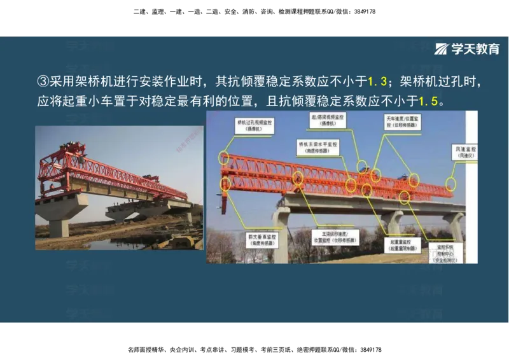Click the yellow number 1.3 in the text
(378, 81)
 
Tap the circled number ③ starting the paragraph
(43, 81)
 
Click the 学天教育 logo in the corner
(467, 49)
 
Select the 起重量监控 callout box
(400, 246)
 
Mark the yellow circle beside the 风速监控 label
(451, 184)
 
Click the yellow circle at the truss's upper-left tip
(223, 157)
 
